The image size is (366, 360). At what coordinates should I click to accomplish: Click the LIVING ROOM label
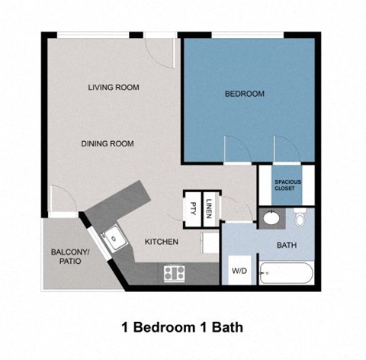[113, 88]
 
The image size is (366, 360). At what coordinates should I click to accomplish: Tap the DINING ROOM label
[109, 143]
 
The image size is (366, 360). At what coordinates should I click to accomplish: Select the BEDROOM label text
[244, 94]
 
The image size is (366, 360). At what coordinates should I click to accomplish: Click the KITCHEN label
[162, 242]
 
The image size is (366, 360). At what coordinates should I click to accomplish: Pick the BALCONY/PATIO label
[69, 256]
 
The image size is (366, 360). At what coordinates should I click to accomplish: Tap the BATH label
[286, 246]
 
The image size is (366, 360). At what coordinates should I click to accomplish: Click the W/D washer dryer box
[238, 271]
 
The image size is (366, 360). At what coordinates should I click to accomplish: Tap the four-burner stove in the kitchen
[174, 272]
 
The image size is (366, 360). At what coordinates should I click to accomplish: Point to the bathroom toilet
[300, 218]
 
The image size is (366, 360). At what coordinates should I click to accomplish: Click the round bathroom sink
[270, 219]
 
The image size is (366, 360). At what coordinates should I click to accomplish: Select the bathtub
[285, 273]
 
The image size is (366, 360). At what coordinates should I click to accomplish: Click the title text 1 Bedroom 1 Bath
[182, 327]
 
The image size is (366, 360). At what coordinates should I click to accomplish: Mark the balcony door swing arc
[63, 200]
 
